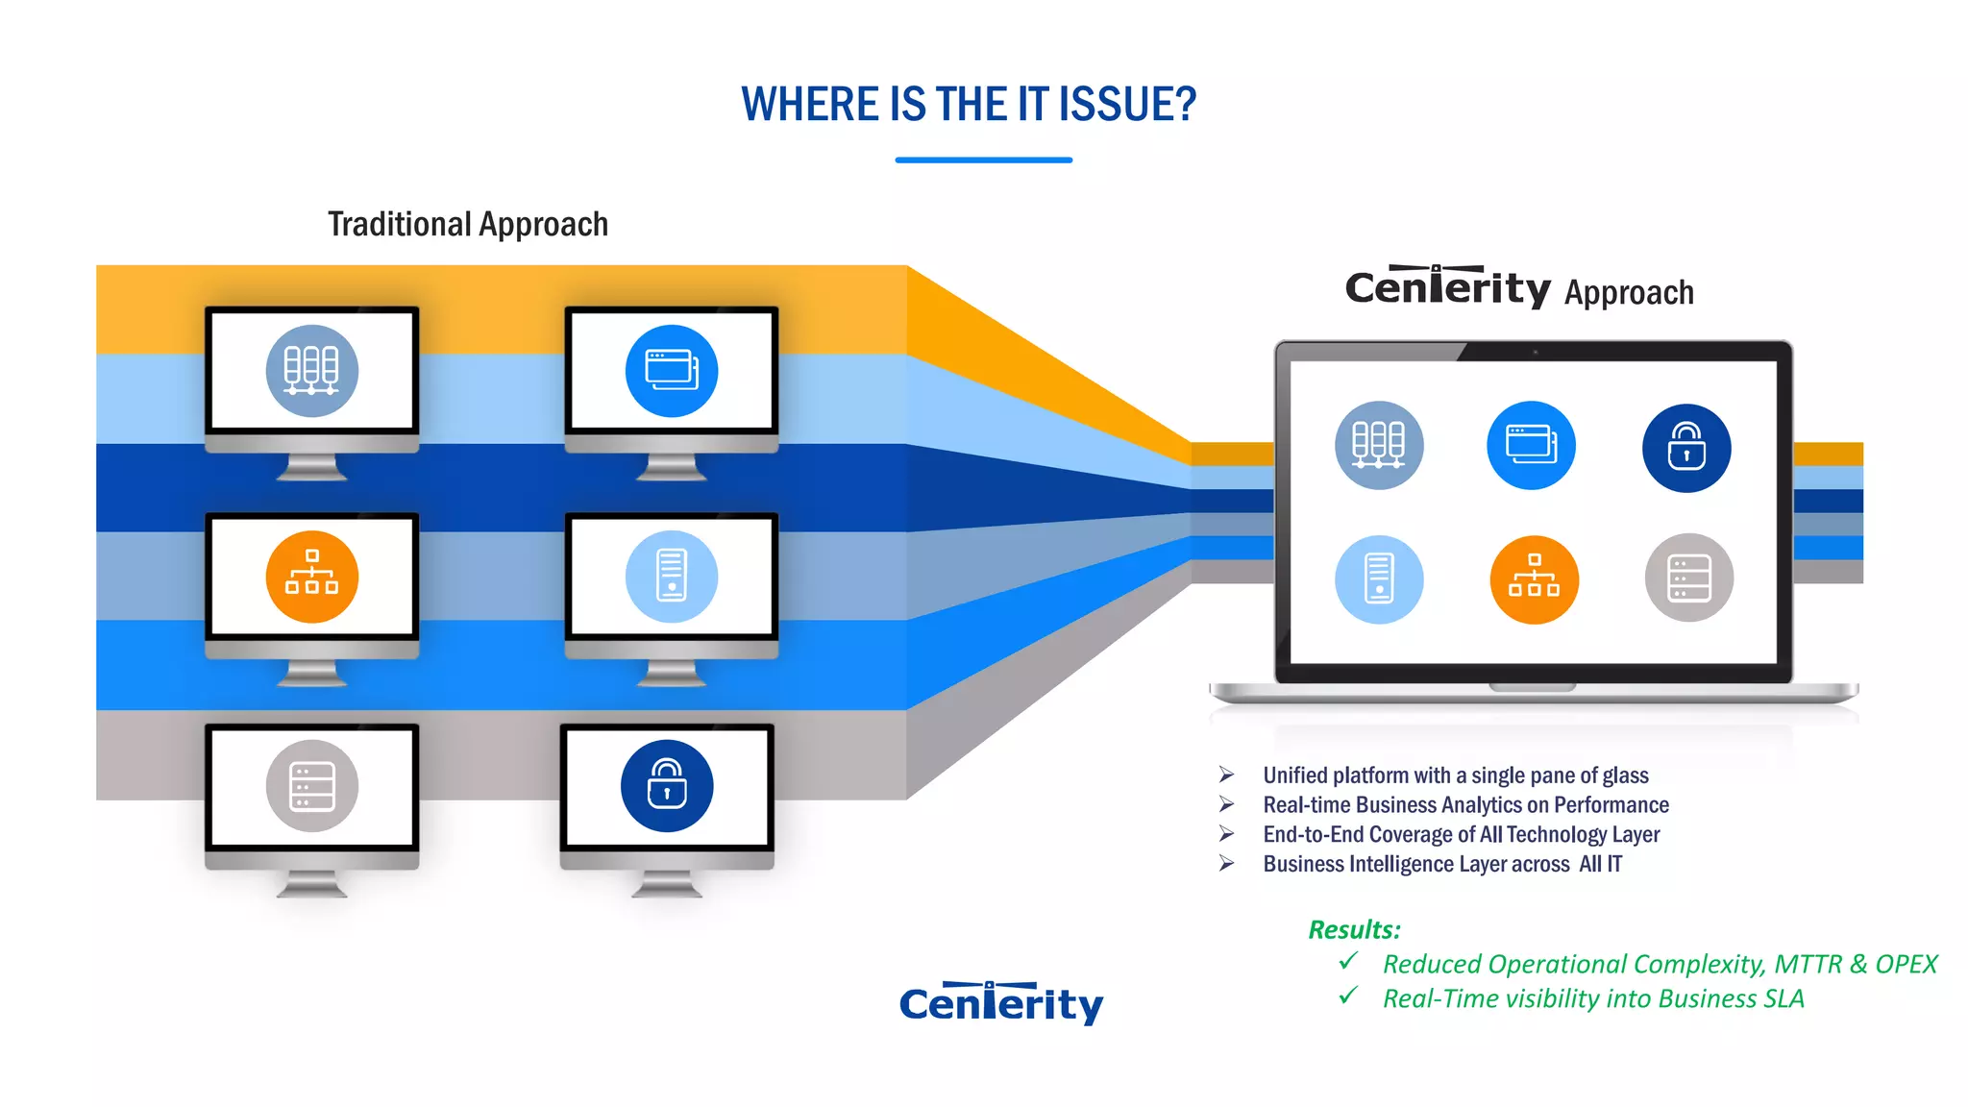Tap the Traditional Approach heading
[x=468, y=224]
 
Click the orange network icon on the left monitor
[x=312, y=577]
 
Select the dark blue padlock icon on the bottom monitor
[x=667, y=786]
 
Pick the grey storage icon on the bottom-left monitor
[x=312, y=786]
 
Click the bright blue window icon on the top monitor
[x=672, y=371]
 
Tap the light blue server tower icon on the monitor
[x=672, y=577]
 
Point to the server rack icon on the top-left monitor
[x=312, y=371]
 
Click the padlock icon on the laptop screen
[x=1686, y=448]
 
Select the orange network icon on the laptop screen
[x=1534, y=579]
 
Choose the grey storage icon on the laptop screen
[x=1688, y=578]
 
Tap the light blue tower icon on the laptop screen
[x=1379, y=579]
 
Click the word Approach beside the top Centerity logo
[x=1629, y=292]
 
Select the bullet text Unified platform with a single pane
[x=1455, y=775]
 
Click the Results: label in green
[x=1354, y=929]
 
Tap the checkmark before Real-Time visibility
[x=1348, y=996]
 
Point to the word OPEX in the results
[x=1906, y=964]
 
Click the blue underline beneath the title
[x=983, y=160]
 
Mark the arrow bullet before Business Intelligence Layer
[x=1227, y=863]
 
